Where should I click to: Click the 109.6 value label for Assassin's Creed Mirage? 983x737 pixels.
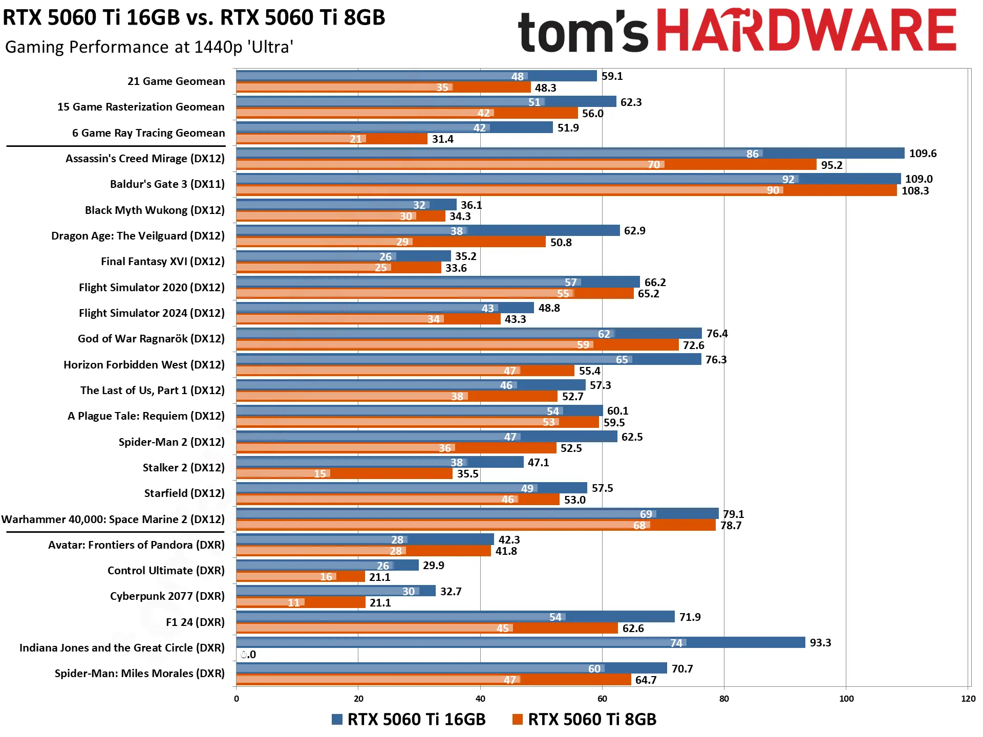click(923, 154)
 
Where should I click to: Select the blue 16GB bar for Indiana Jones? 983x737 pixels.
click(521, 642)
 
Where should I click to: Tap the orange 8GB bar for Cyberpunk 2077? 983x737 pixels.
click(301, 602)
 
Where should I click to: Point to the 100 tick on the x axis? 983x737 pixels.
click(846, 699)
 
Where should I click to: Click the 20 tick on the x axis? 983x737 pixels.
click(358, 699)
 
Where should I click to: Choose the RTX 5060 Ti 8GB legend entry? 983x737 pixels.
click(584, 719)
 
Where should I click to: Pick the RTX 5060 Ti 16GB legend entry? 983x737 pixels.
click(409, 719)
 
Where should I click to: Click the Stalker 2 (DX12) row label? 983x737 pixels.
click(184, 468)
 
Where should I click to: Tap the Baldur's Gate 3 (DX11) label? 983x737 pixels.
click(167, 184)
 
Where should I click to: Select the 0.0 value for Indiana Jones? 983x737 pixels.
click(248, 655)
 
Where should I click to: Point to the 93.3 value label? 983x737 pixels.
click(820, 643)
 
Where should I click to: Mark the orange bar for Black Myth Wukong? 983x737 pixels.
click(341, 216)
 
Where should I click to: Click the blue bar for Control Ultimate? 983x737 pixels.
click(328, 565)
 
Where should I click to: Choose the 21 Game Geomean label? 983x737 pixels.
click(176, 81)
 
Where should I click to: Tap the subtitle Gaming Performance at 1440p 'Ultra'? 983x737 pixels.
click(149, 47)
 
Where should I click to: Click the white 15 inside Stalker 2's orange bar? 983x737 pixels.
click(320, 474)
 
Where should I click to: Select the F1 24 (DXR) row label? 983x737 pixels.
click(195, 622)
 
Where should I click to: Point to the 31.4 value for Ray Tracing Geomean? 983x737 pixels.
click(442, 139)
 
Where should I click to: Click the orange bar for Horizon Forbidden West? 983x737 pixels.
click(405, 371)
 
